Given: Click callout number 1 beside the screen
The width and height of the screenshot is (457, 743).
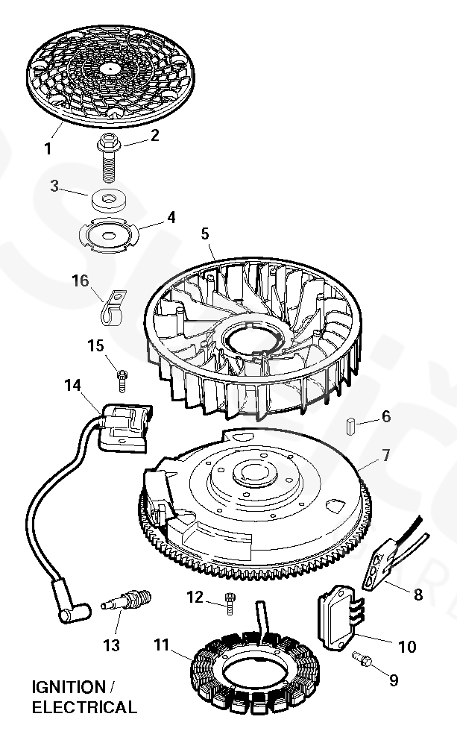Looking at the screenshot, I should (48, 148).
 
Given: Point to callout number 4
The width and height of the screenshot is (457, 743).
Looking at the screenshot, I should (171, 218).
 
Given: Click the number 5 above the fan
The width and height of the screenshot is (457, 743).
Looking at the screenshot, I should (205, 233).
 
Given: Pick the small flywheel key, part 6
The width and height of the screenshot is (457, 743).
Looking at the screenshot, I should (350, 425).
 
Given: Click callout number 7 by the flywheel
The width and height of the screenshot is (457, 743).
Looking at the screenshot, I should (385, 454).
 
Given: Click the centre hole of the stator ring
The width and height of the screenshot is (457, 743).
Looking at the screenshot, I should (250, 668).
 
